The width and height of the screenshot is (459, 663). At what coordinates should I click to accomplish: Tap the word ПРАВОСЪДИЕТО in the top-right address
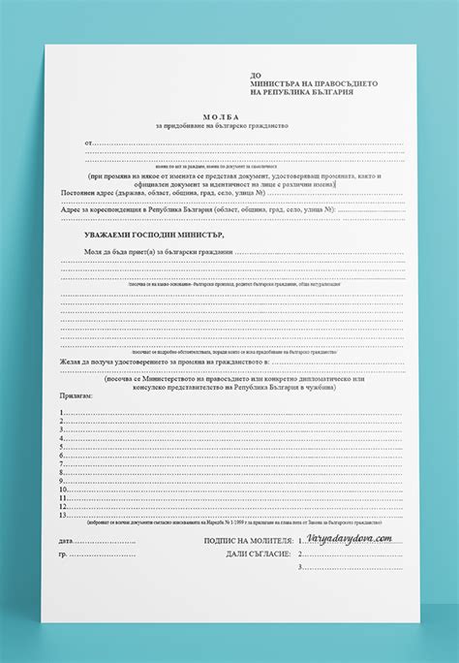[349, 83]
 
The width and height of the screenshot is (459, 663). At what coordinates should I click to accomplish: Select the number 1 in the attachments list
[61, 413]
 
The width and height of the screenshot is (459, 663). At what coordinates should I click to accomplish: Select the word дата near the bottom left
[66, 540]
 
